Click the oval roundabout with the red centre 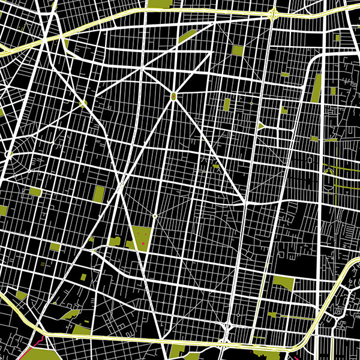[x=173, y=96]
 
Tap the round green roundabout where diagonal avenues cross [x=83, y=104]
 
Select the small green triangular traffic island [x=262, y=126]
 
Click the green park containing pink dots [x=142, y=238]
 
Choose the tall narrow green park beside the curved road [x=317, y=88]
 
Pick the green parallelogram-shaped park [x=187, y=37]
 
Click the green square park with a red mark [x=238, y=51]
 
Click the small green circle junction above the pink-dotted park [x=154, y=215]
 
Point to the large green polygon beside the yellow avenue [x=283, y=283]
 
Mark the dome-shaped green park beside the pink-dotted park [x=114, y=242]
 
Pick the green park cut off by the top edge [x=157, y=4]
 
